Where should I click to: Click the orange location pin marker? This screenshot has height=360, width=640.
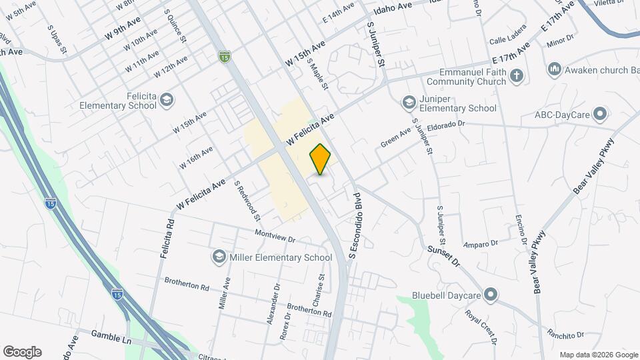pyautogui.click(x=320, y=159)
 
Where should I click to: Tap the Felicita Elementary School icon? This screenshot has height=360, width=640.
pyautogui.click(x=166, y=100)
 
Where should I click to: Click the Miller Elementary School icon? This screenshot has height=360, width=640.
pyautogui.click(x=218, y=257)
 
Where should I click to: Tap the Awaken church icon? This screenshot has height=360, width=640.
pyautogui.click(x=554, y=69)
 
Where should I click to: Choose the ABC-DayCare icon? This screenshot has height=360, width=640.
pyautogui.click(x=600, y=114)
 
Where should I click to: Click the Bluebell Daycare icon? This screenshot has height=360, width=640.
pyautogui.click(x=491, y=293)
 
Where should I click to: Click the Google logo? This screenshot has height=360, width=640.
pyautogui.click(x=22, y=351)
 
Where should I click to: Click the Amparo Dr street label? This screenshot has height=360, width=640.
pyautogui.click(x=481, y=243)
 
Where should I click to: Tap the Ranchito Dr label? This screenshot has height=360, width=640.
pyautogui.click(x=565, y=333)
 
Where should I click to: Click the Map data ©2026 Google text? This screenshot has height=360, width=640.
pyautogui.click(x=598, y=355)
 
